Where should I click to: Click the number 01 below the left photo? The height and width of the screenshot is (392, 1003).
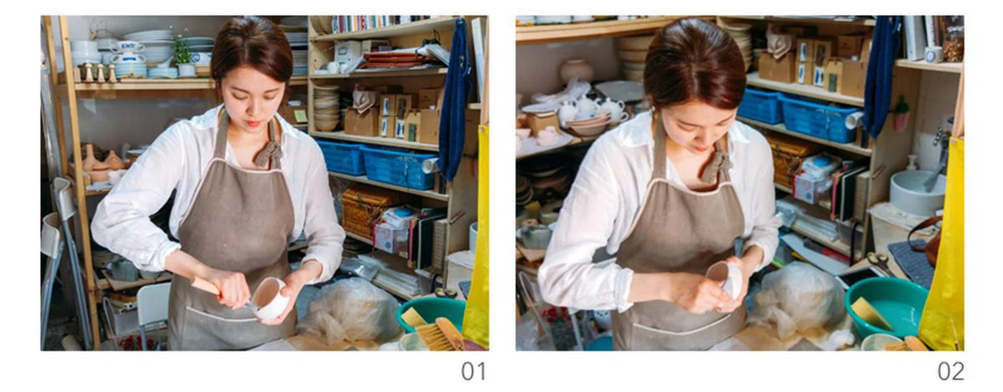coord(473,372)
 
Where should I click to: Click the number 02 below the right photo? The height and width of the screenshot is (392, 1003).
coord(951,372)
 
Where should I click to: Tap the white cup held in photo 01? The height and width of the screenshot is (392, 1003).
coord(271,298)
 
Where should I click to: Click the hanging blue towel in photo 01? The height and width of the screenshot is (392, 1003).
coord(453,99)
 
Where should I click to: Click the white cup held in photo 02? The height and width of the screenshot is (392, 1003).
coord(726,280)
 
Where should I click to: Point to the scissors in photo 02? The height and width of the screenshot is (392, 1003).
coord(881,261)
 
